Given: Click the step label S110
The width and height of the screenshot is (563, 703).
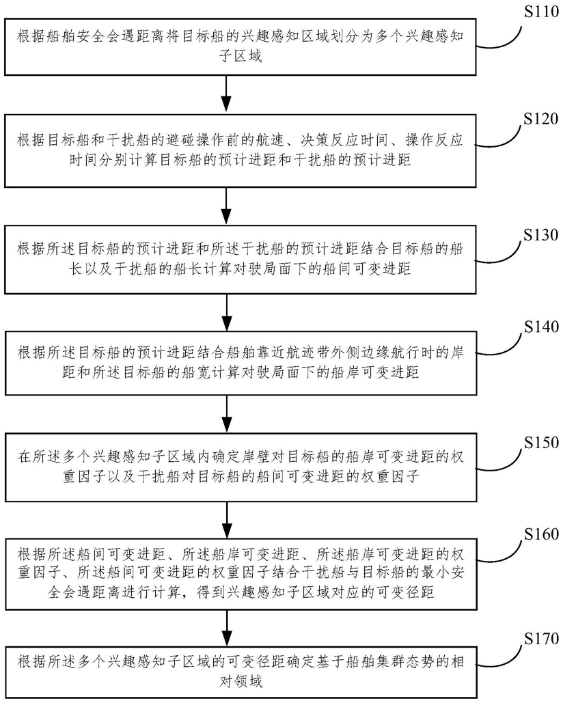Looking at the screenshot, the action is click(x=542, y=12).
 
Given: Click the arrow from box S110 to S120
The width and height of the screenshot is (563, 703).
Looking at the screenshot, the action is click(x=228, y=94).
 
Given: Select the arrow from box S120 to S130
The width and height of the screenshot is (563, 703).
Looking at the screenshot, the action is click(x=228, y=206).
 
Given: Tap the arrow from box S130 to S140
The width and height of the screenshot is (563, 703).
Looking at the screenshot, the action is click(x=228, y=312).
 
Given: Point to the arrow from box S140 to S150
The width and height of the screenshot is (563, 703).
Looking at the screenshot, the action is click(x=228, y=414).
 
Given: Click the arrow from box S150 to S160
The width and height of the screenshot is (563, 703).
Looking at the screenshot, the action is click(x=228, y=520).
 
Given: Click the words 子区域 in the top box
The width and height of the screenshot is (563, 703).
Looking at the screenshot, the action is click(x=241, y=56).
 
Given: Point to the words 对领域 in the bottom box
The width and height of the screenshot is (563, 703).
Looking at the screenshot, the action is click(x=241, y=682).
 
